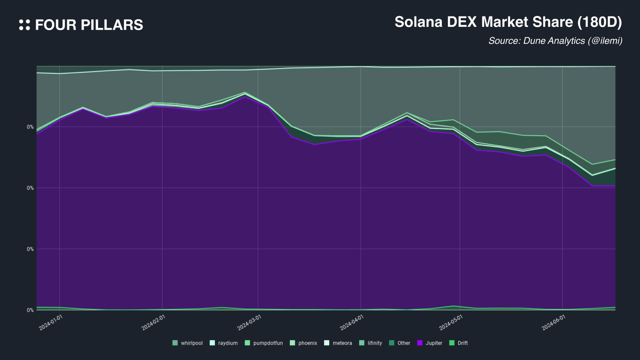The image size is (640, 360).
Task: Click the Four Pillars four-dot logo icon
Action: [25, 25]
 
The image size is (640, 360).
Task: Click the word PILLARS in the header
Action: [112, 25]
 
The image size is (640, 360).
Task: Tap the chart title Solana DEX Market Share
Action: [484, 22]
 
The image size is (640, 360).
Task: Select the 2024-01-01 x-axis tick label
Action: [51, 323]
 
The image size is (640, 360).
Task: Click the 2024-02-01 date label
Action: [153, 323]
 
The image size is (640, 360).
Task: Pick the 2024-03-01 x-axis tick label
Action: [249, 323]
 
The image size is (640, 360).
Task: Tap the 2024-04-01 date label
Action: [352, 323]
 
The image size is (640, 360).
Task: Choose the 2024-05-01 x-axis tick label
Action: [451, 323]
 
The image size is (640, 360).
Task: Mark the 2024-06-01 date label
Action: [554, 323]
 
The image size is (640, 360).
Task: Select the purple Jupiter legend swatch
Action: [420, 343]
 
